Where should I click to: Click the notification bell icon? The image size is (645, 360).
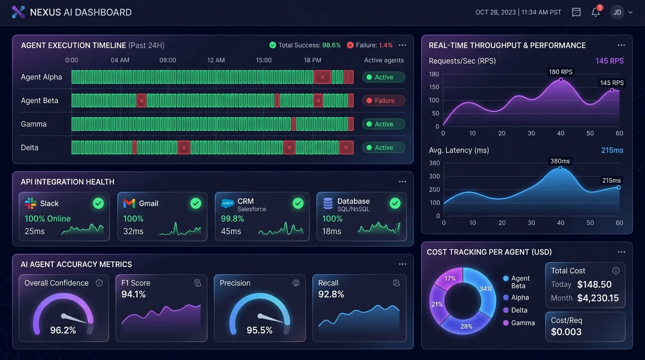coord(595,13)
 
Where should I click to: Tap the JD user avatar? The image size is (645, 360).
coord(617,13)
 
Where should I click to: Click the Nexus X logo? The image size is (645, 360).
coord(18,12)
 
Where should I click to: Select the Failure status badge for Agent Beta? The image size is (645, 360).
coord(383,101)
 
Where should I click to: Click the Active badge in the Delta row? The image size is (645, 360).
coord(383,148)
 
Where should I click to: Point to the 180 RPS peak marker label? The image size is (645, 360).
coord(561,72)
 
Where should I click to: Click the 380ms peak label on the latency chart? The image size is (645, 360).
coord(560,161)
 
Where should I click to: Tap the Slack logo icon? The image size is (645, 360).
coord(30,203)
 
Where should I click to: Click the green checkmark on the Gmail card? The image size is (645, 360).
coord(195,203)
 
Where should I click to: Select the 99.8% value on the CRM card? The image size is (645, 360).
coord(232,218)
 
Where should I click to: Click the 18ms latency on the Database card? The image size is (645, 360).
coord(331,231)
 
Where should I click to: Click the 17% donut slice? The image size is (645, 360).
coord(450,278)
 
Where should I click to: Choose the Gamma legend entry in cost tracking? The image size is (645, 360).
coord(523,323)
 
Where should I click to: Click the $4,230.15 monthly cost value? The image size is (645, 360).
coord(598,298)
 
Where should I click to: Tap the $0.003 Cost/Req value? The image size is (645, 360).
coord(566,332)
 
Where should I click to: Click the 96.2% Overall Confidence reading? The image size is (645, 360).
coord(63,330)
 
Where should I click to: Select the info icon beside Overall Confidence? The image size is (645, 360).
coord(99,283)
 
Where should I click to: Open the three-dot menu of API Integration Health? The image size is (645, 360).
coord(402,182)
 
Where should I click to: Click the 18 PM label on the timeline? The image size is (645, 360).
coord(313,60)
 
